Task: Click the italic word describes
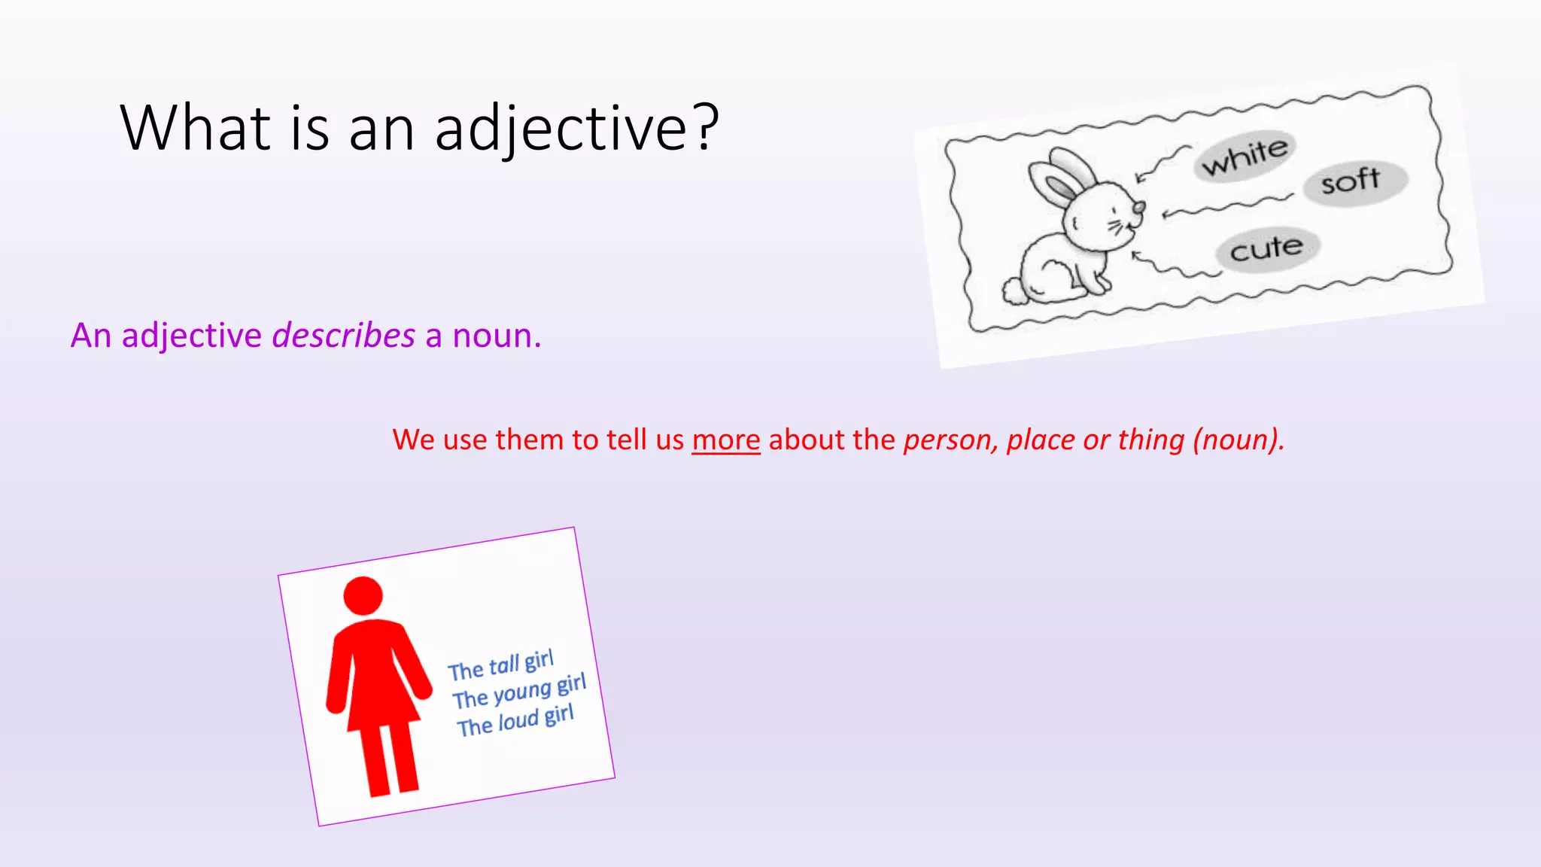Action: pyautogui.click(x=343, y=336)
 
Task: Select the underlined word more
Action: pyautogui.click(x=726, y=440)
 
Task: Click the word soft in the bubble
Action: pyautogui.click(x=1351, y=181)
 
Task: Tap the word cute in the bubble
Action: pyautogui.click(x=1266, y=248)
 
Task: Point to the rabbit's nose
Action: pyautogui.click(x=1139, y=206)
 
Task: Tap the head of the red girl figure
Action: pyautogui.click(x=363, y=596)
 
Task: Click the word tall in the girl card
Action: pyautogui.click(x=504, y=665)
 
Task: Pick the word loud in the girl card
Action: pyautogui.click(x=518, y=722)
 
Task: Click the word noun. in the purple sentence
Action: pyautogui.click(x=496, y=336)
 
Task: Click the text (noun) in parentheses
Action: pyautogui.click(x=1239, y=440)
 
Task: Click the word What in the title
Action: pyautogui.click(x=195, y=128)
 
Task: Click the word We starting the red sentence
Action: pyautogui.click(x=413, y=440)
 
